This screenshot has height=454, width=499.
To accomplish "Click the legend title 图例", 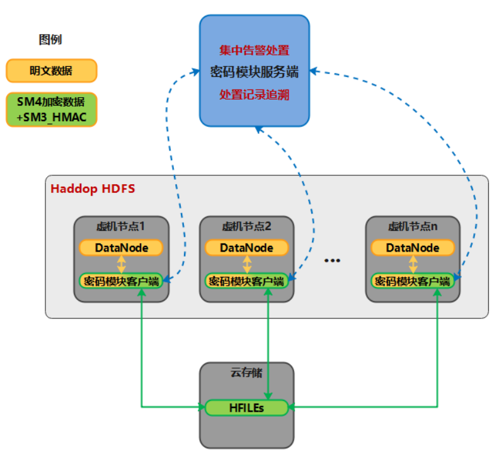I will click(50, 40).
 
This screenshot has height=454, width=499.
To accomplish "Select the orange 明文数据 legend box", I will click(51, 71).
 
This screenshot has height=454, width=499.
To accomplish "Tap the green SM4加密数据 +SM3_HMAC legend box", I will click(51, 109).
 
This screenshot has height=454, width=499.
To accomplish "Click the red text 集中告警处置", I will click(254, 50).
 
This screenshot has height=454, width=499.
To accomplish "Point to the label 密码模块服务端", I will click(254, 72).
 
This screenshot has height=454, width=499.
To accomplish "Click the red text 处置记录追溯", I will click(254, 94).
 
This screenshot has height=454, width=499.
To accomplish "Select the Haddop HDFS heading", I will click(93, 189).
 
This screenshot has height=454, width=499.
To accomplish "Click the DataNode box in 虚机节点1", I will click(121, 247).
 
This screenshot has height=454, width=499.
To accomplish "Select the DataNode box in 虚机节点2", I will click(246, 247).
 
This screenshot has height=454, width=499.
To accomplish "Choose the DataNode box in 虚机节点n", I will click(413, 247).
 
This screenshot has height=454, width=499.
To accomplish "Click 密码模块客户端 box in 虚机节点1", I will click(121, 281).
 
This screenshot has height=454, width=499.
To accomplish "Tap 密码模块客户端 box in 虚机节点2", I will click(246, 281).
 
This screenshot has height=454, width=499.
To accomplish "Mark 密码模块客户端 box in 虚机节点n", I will click(413, 281).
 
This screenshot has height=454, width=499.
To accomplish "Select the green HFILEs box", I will click(246, 407).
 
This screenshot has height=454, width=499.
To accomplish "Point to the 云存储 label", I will click(246, 373).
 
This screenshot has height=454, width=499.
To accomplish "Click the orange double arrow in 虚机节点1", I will click(121, 264).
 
